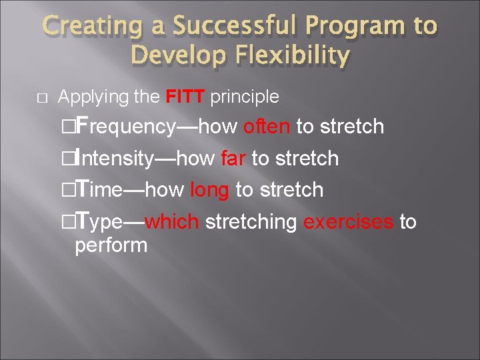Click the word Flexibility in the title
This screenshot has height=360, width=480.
(294, 56)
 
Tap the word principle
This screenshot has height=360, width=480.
(245, 97)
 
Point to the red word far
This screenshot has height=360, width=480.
(233, 159)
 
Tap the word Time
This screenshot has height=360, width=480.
(99, 190)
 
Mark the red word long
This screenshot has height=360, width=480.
(209, 190)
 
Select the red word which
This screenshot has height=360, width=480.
(171, 221)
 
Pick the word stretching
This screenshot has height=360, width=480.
(251, 222)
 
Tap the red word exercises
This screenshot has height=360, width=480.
(348, 221)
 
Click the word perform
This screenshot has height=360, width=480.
(111, 245)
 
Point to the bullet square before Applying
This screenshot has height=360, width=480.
(41, 98)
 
